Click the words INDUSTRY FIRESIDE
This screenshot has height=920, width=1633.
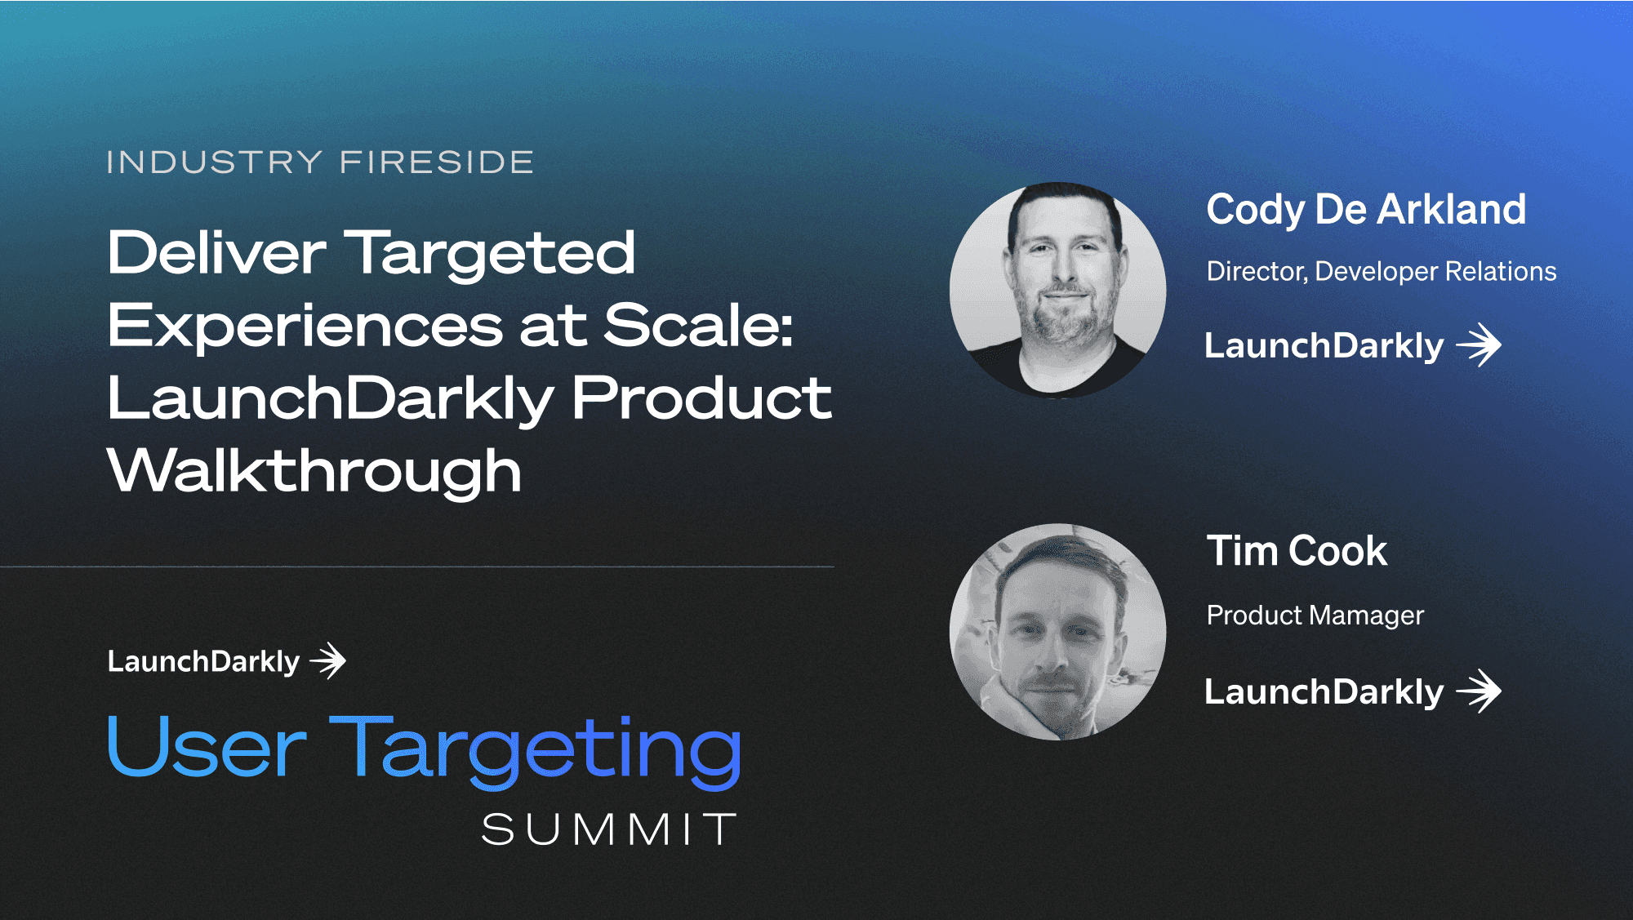click(x=320, y=162)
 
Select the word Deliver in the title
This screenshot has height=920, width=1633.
click(x=216, y=252)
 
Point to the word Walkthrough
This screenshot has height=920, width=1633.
click(x=314, y=471)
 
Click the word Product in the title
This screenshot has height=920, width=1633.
click(x=701, y=398)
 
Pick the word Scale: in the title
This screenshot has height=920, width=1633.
click(x=698, y=325)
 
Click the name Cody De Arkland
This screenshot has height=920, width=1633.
click(x=1366, y=211)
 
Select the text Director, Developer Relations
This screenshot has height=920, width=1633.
click(x=1382, y=272)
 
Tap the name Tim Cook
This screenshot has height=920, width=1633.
click(x=1297, y=551)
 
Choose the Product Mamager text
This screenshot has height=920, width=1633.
click(x=1315, y=616)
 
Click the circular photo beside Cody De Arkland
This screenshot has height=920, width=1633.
click(x=1058, y=290)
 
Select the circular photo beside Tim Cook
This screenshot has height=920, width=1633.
click(x=1058, y=632)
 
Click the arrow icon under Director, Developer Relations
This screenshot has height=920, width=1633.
click(x=1479, y=345)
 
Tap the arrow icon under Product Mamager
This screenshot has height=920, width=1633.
click(x=1479, y=691)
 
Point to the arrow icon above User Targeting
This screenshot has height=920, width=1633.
click(x=328, y=660)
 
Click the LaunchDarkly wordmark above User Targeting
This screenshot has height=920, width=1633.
click(x=203, y=662)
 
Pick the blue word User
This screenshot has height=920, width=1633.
click(x=207, y=746)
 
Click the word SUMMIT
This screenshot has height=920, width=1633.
click(x=609, y=830)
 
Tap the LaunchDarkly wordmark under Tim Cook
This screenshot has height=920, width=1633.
click(x=1324, y=692)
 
